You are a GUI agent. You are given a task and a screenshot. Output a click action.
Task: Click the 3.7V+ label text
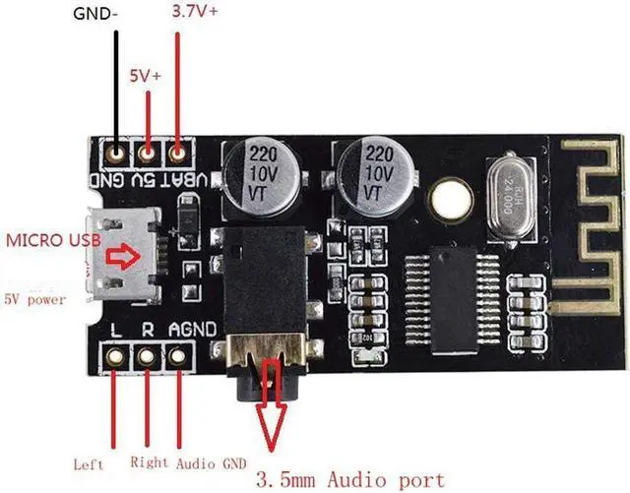(195, 13)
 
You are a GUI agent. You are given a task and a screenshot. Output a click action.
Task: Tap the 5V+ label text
(147, 74)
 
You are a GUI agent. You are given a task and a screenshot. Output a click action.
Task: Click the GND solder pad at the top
(117, 153)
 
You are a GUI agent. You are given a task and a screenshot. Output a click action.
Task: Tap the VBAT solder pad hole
(178, 153)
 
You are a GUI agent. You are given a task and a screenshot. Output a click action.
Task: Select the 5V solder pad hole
(148, 153)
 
